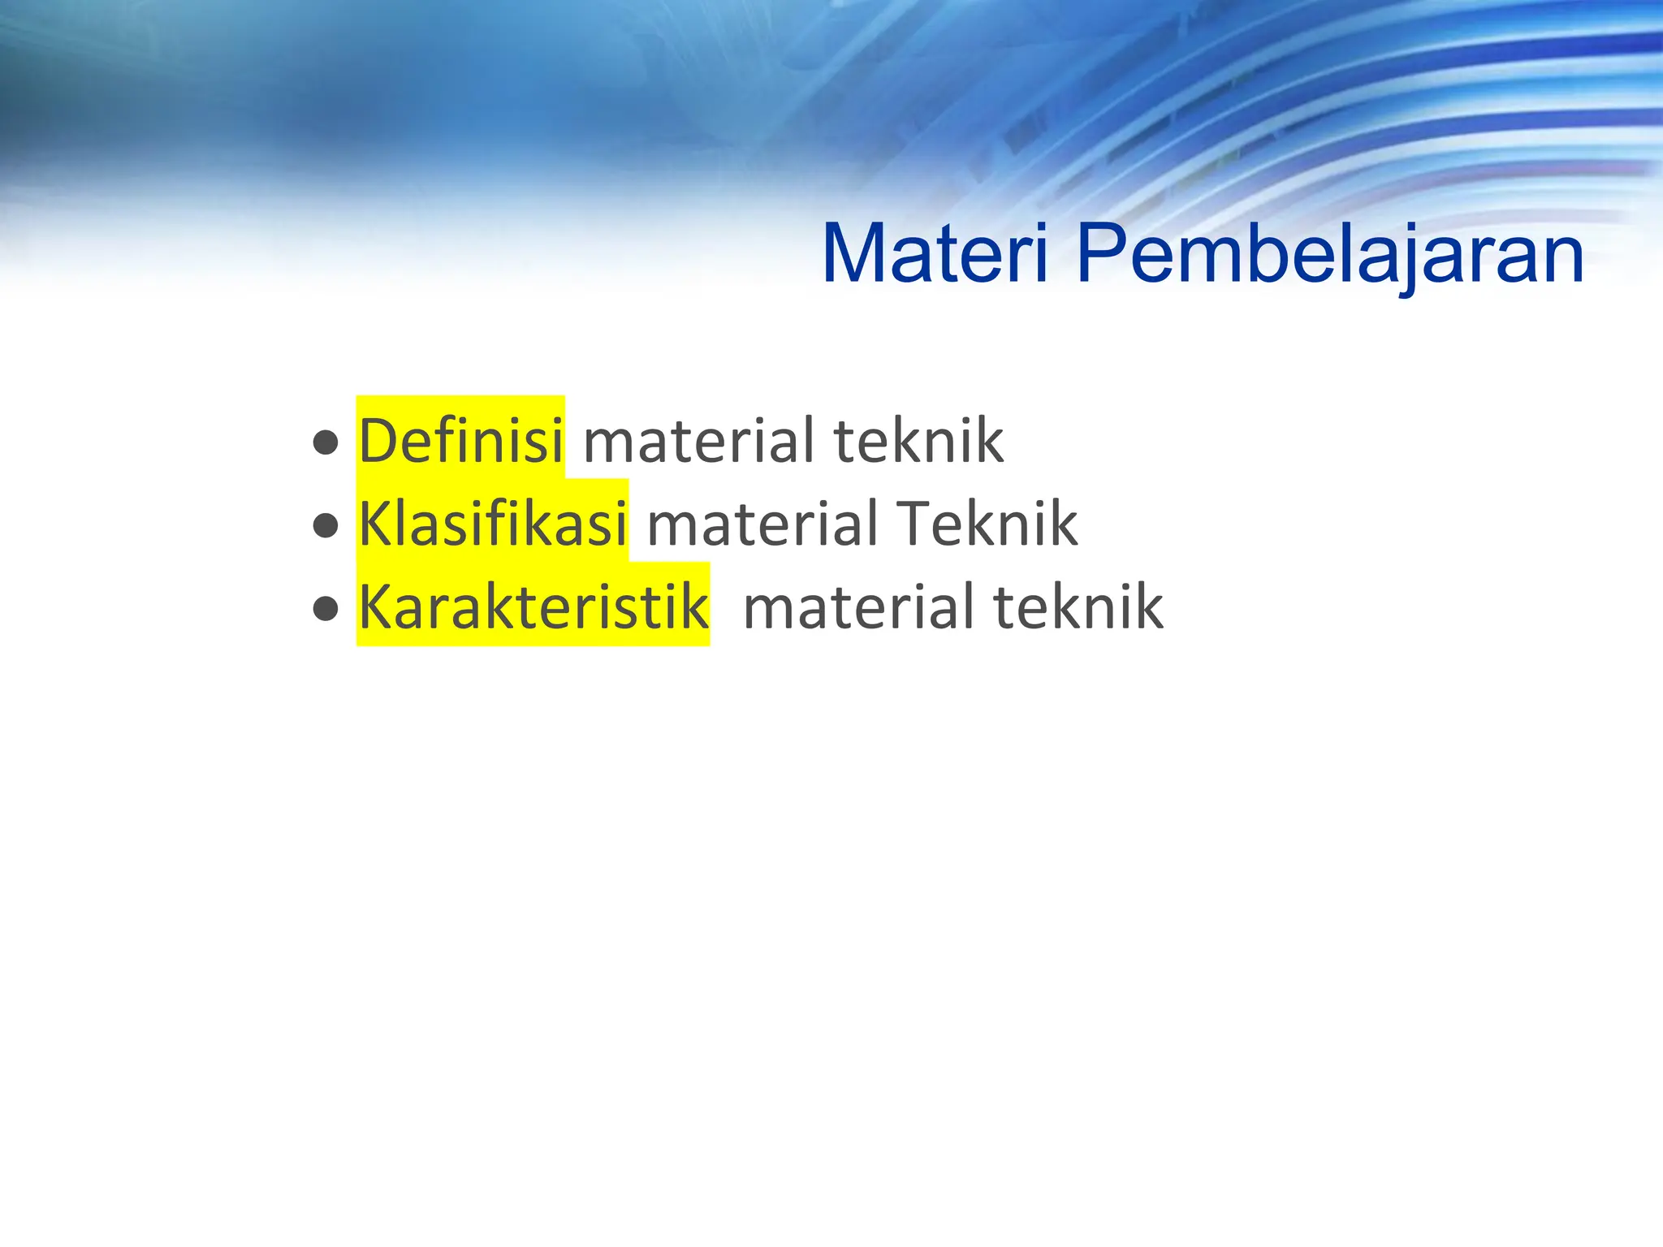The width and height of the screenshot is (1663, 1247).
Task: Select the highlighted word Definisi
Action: pos(460,441)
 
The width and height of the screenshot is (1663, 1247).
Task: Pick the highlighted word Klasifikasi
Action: pos(492,524)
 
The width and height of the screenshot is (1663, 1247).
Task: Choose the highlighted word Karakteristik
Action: pos(533,606)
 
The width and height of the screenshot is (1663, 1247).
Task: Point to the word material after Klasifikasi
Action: pos(762,524)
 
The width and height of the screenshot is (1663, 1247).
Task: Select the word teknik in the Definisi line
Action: pos(918,441)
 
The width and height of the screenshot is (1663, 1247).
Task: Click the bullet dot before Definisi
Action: pos(326,443)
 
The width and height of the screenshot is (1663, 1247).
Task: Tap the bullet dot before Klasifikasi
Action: pos(326,526)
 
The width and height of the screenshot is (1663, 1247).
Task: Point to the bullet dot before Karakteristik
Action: pos(326,609)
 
